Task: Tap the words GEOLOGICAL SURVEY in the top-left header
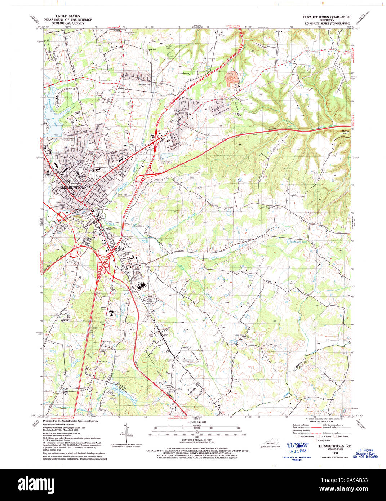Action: (x=68, y=23)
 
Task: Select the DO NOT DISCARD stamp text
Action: (x=365, y=457)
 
